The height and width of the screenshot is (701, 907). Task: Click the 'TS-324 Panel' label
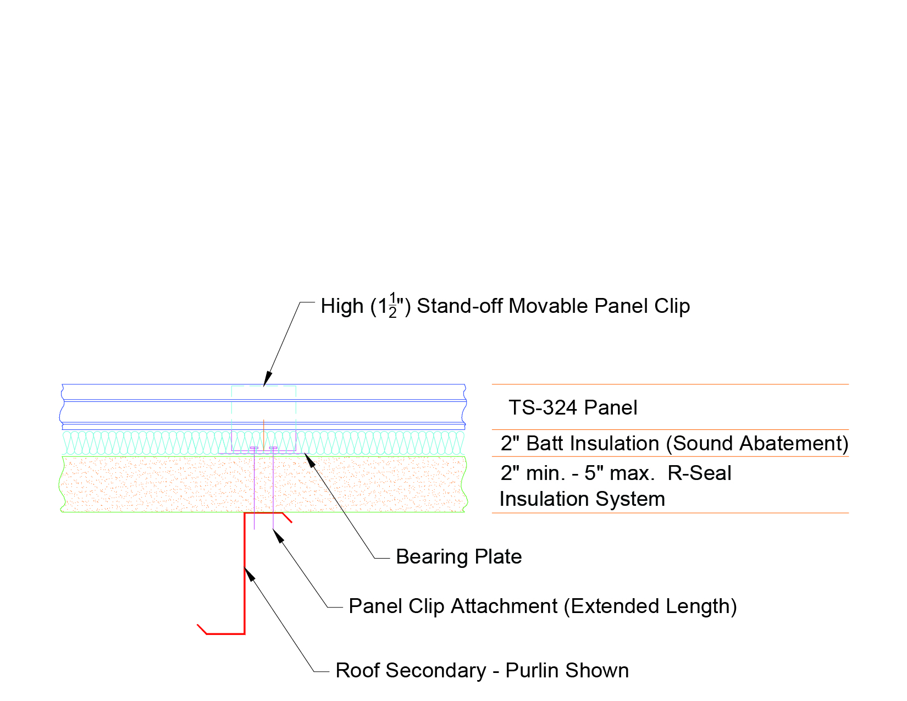(x=572, y=408)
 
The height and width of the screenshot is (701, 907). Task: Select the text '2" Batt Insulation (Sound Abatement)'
(x=674, y=443)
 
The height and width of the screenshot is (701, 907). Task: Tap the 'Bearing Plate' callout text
(x=458, y=557)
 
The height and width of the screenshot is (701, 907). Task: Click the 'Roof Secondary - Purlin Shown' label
(x=482, y=671)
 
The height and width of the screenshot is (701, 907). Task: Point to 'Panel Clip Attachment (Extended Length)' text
(x=543, y=606)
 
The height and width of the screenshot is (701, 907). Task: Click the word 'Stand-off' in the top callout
(x=460, y=306)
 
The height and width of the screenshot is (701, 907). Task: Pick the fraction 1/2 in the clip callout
(x=392, y=306)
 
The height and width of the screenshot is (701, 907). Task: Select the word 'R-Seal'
(x=699, y=473)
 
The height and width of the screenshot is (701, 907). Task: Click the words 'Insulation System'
(x=582, y=499)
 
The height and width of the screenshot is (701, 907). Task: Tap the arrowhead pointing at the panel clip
(x=267, y=379)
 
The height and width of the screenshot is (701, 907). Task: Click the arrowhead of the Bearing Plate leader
(x=310, y=459)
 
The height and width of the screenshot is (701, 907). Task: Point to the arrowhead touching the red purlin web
(x=250, y=574)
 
